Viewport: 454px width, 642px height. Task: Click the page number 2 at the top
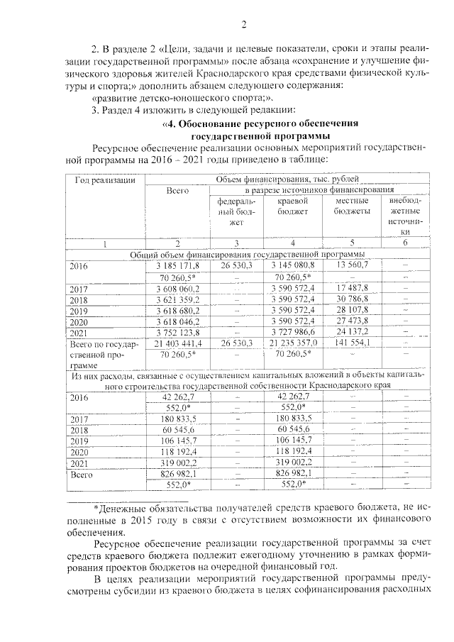[243, 26]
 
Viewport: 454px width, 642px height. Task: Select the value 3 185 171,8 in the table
[178, 265]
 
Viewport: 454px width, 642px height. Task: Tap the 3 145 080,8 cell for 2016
[292, 265]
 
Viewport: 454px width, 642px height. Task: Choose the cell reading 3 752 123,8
[178, 331]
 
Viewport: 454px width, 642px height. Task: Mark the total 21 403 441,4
[178, 343]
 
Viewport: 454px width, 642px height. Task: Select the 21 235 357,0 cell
[292, 343]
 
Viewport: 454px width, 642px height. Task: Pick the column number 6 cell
[405, 243]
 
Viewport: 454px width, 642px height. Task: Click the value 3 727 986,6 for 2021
[292, 331]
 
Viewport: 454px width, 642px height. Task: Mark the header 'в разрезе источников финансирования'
[319, 190]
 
